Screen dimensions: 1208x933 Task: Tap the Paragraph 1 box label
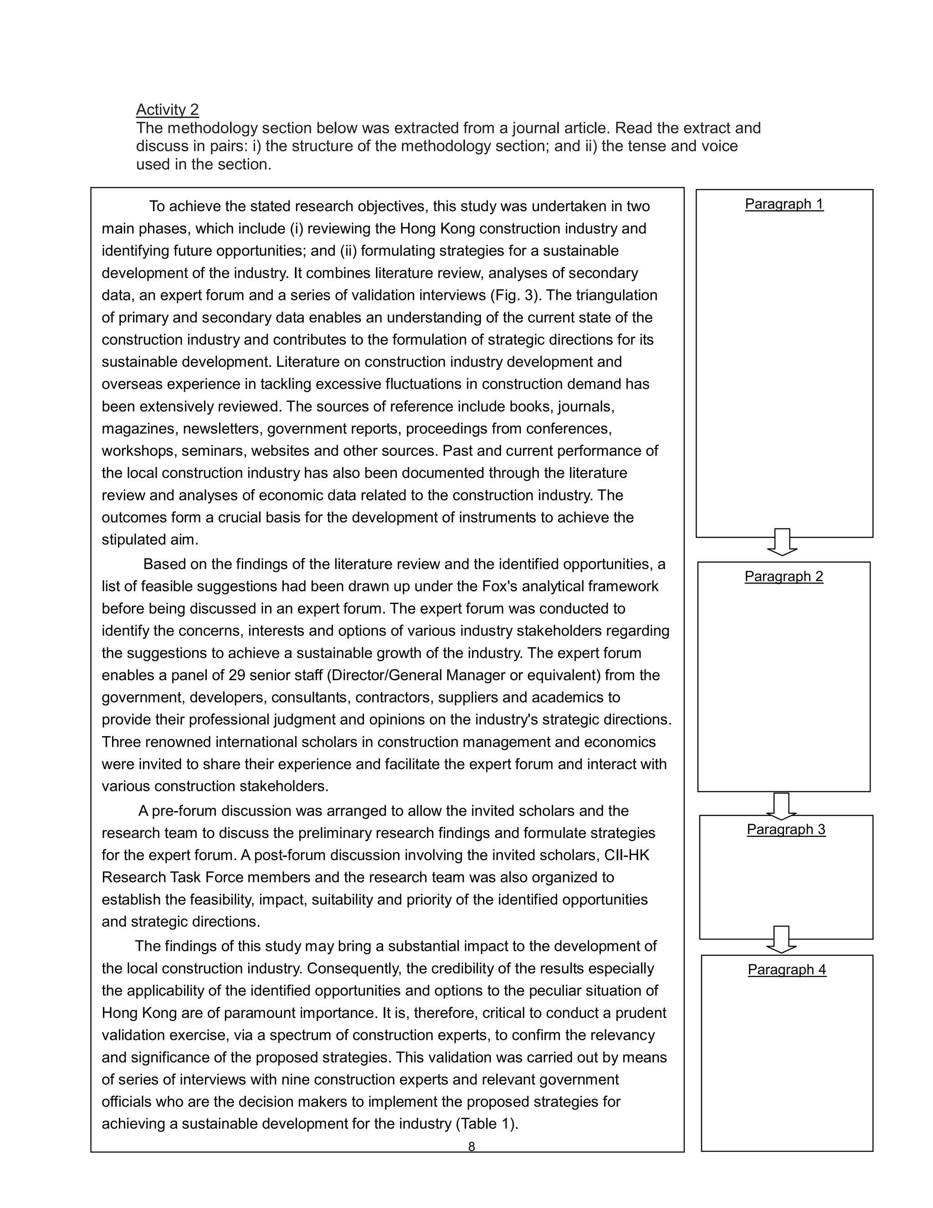pyautogui.click(x=784, y=204)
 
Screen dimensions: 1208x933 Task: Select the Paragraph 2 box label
pyautogui.click(x=783, y=576)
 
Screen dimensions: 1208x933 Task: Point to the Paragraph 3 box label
pyautogui.click(x=785, y=829)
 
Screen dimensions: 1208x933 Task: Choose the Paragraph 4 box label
pyautogui.click(x=786, y=969)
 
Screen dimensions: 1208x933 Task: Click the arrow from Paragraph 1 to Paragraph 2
pyautogui.click(x=782, y=542)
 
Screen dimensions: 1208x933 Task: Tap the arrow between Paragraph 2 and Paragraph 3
pyautogui.click(x=781, y=805)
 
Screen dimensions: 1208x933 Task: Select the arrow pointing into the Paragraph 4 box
pyautogui.click(x=781, y=939)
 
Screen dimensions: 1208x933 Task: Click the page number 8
pyautogui.click(x=471, y=1146)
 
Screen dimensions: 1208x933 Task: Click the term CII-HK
pyautogui.click(x=626, y=855)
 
